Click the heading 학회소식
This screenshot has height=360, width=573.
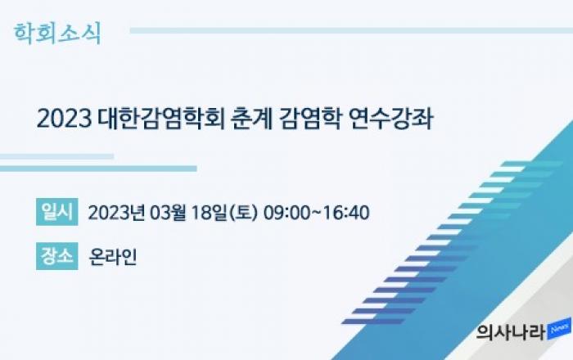pos(57,34)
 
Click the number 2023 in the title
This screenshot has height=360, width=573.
pos(65,119)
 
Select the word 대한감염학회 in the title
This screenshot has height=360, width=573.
pos(161,119)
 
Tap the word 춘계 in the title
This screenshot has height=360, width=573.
pos(252,119)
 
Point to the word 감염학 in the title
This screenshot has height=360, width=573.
pos(310,119)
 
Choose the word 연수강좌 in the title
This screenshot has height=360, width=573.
pos(391,119)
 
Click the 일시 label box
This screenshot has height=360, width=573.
pos(57,212)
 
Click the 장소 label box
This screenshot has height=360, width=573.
pos(57,256)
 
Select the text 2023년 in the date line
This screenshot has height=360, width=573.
pos(116,213)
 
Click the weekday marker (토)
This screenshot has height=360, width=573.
pos(243,213)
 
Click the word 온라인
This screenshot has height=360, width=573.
pos(113,257)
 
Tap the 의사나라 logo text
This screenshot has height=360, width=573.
pos(511,332)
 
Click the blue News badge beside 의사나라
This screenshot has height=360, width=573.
pos(559,329)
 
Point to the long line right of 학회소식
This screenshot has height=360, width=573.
pos(351,30)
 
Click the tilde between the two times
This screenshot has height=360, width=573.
pos(316,213)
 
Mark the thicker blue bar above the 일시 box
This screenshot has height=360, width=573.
pos(99,169)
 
